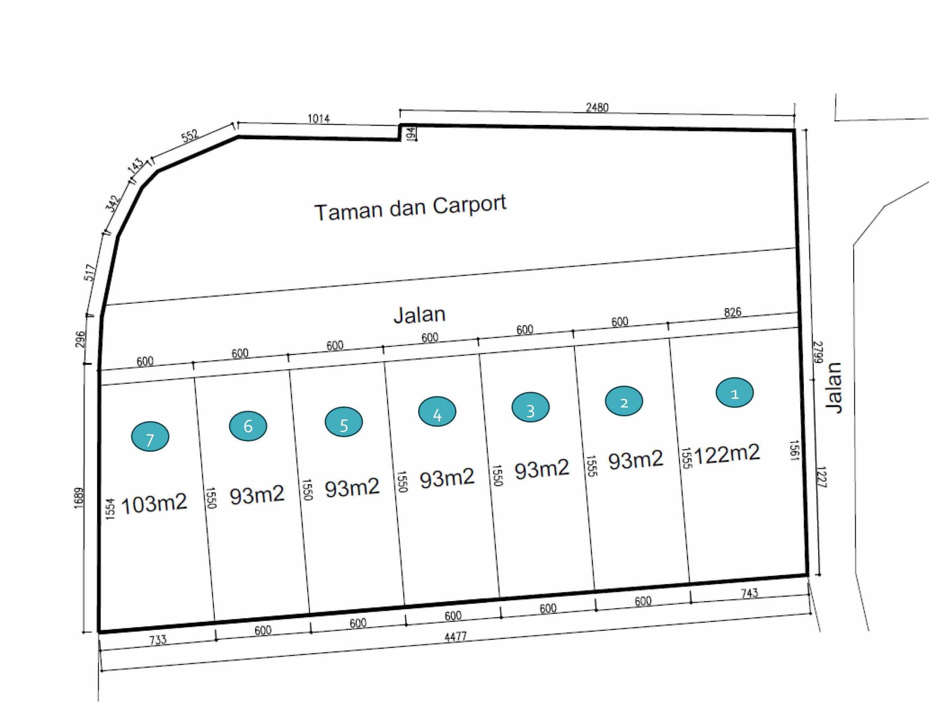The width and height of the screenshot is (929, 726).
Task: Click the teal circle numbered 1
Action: (734, 393)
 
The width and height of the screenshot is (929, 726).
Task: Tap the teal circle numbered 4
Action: (437, 412)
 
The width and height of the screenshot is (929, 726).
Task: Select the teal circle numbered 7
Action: (150, 437)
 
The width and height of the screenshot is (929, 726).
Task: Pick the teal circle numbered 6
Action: (248, 426)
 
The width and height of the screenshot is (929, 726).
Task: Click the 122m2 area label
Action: (727, 454)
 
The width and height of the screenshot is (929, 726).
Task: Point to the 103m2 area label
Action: (154, 504)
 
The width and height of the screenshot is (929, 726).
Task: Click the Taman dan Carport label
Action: (410, 208)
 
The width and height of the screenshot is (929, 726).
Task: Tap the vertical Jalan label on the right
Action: (834, 388)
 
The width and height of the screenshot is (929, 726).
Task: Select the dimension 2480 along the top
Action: (597, 108)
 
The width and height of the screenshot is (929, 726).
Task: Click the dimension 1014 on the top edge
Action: (319, 118)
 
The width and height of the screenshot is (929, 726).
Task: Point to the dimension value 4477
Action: (455, 637)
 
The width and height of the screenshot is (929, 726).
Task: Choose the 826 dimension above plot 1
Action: (732, 312)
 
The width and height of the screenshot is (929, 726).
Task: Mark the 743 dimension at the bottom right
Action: (749, 593)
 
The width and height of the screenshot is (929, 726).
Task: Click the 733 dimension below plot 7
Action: (158, 640)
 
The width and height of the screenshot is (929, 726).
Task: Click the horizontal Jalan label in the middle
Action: (420, 315)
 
